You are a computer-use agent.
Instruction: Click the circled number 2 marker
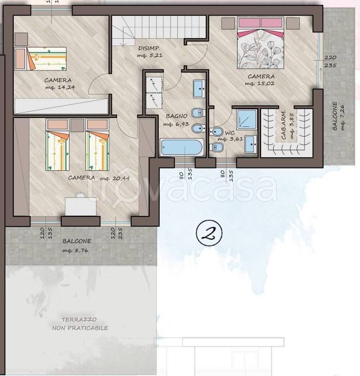tap(209, 234)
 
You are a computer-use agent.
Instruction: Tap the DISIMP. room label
tap(149, 48)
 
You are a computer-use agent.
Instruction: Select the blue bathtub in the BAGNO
tap(182, 147)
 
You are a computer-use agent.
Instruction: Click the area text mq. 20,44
tap(115, 178)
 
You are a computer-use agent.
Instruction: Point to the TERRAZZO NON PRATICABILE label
tap(80, 324)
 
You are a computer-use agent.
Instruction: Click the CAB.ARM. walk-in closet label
tap(283, 125)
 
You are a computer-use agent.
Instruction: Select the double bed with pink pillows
tap(261, 43)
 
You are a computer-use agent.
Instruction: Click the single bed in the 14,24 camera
tap(40, 59)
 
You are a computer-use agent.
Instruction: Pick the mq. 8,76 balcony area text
tap(75, 250)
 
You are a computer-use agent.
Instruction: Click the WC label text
tap(230, 133)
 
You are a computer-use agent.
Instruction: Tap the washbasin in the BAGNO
tap(199, 89)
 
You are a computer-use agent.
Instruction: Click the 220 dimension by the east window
tap(330, 58)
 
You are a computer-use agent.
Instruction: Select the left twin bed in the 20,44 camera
tap(58, 144)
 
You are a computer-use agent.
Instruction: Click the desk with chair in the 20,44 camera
tap(81, 204)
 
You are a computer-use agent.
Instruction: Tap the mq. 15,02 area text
tap(260, 83)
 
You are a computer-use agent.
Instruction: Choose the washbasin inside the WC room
tap(251, 144)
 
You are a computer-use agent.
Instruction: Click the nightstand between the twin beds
tap(77, 125)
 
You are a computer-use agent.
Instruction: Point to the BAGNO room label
tap(176, 116)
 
